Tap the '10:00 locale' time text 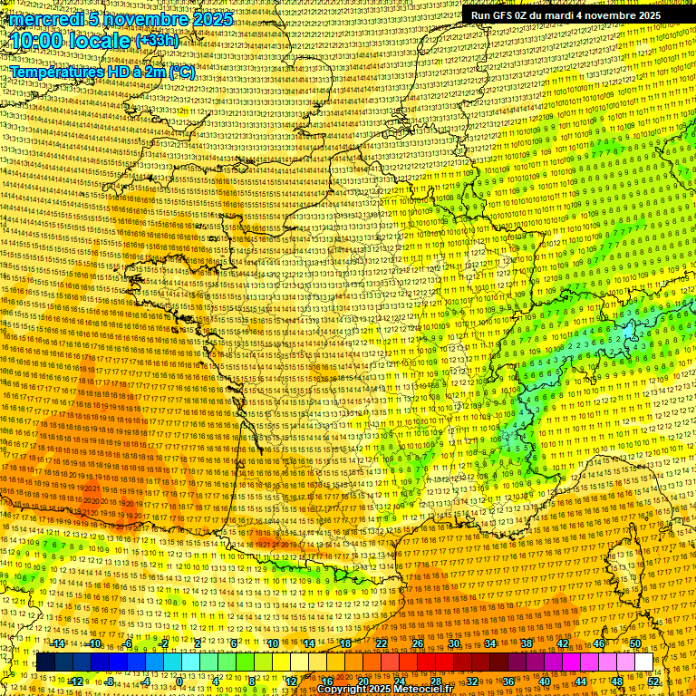[71, 42]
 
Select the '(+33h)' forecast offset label [157, 41]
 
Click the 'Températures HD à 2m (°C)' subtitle [102, 72]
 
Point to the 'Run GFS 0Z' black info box [565, 15]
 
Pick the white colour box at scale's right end [643, 662]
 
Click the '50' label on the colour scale [635, 643]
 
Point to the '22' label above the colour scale [382, 643]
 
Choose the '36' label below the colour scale [508, 681]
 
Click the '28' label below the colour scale [436, 681]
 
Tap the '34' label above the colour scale [490, 643]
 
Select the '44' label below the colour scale [581, 681]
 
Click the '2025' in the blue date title [213, 19]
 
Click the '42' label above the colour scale [563, 643]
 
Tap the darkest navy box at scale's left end [45, 662]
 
